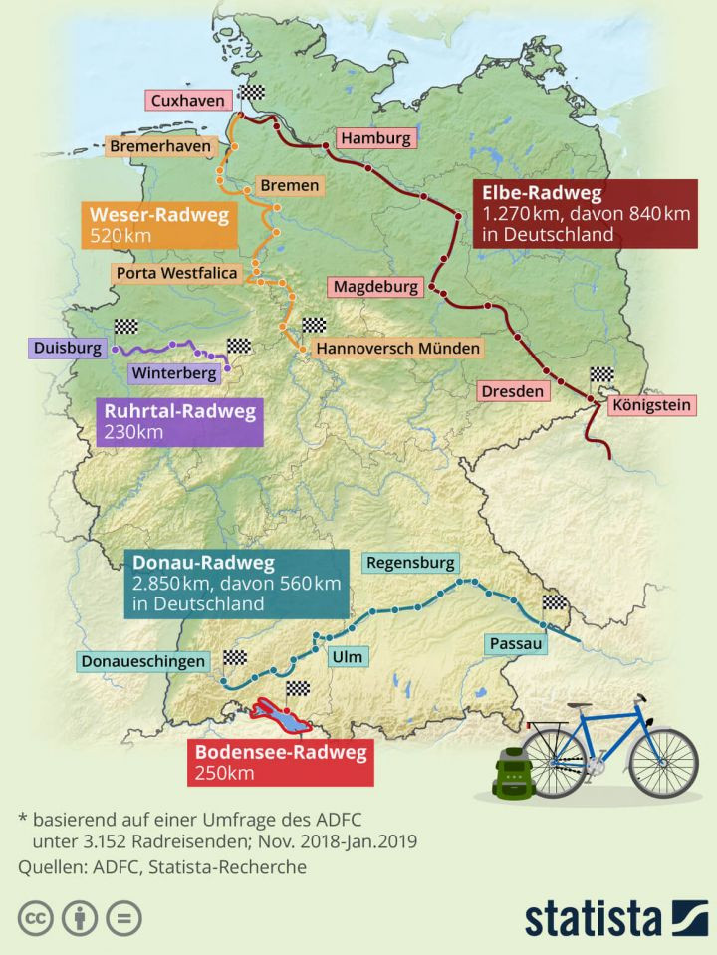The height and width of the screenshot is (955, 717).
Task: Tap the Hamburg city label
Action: click(x=373, y=138)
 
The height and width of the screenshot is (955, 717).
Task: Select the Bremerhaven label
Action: click(x=160, y=146)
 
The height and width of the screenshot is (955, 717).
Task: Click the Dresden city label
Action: click(x=513, y=391)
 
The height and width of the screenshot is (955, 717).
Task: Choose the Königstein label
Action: click(x=652, y=406)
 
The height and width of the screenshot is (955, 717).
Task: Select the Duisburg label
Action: click(x=68, y=349)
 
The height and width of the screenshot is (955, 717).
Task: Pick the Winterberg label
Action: click(x=172, y=374)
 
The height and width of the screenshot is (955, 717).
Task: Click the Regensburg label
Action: click(x=410, y=562)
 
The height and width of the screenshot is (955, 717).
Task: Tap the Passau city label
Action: click(x=516, y=644)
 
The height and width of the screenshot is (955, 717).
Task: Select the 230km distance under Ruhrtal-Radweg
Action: click(x=133, y=431)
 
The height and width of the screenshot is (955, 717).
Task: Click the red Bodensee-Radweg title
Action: click(x=280, y=753)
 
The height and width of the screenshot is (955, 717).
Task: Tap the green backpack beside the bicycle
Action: click(x=513, y=771)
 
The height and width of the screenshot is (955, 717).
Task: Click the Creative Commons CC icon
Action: click(x=35, y=917)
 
